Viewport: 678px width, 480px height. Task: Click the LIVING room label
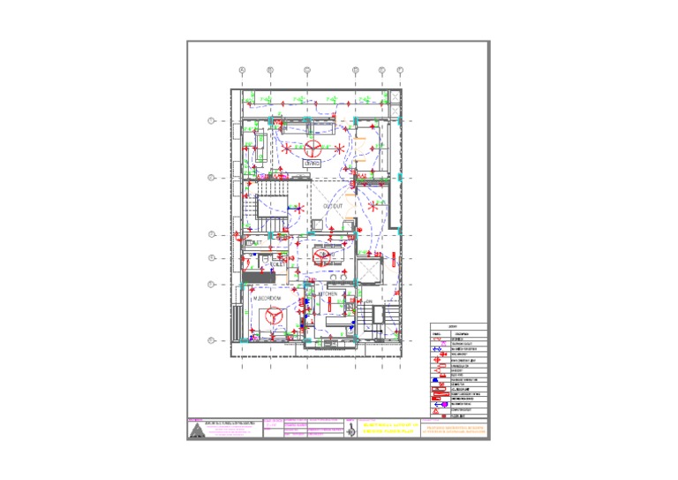pos(313,164)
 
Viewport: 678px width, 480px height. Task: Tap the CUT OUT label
pos(333,205)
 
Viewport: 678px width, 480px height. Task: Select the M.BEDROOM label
pos(267,299)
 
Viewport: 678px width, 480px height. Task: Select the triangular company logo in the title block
pos(196,430)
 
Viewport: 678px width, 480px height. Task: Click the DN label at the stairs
pos(371,301)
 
